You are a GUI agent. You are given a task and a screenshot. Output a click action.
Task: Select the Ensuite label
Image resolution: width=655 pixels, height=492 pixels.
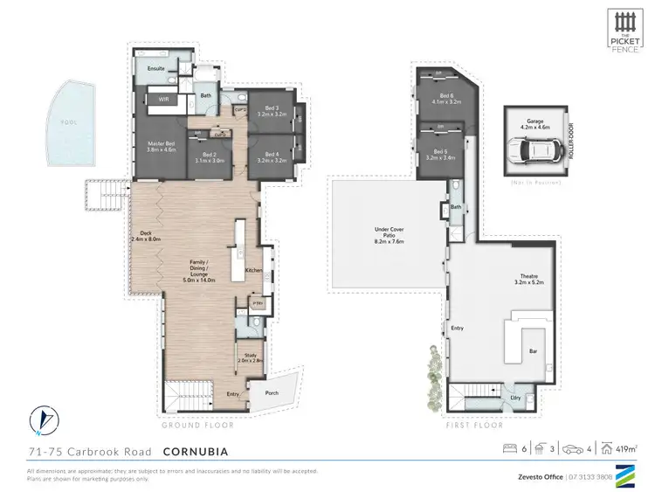point(156,68)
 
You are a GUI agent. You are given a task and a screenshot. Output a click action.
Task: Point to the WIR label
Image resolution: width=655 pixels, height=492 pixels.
point(163,100)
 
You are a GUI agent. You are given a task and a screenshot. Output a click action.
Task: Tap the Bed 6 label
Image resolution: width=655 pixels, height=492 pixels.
point(446,99)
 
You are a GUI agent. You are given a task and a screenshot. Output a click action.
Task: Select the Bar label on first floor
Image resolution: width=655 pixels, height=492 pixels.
point(532,351)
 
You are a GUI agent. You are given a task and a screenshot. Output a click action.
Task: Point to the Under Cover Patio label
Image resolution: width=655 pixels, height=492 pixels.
point(390,234)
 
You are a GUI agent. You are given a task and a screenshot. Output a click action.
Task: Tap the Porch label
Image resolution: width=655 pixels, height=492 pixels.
point(272,393)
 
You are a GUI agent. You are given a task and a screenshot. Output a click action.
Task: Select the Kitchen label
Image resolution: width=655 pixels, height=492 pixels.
point(253,271)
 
